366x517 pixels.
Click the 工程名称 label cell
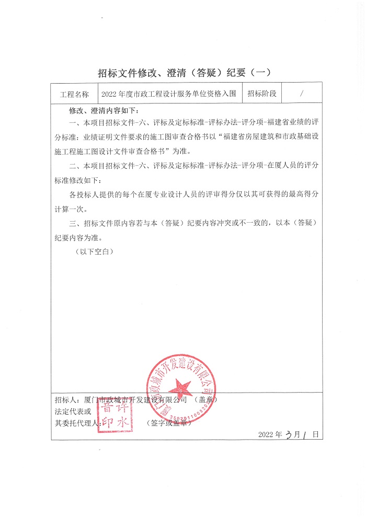point(75,95)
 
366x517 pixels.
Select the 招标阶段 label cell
point(261,94)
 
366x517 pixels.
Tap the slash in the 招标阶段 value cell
point(302,94)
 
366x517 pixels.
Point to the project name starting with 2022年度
point(169,95)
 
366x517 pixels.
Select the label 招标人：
point(67,400)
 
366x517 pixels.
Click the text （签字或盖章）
point(169,423)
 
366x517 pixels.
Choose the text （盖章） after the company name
point(205,400)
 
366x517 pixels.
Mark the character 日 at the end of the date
point(316,435)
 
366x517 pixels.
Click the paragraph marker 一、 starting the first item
point(73,122)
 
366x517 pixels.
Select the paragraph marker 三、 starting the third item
point(73,223)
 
